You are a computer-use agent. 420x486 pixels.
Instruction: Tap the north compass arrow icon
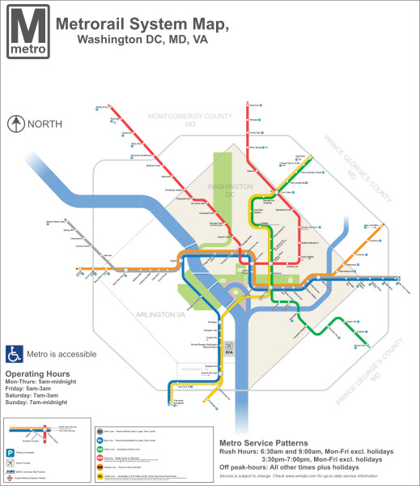pos(15,124)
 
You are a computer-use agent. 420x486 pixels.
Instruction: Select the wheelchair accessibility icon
pos(14,354)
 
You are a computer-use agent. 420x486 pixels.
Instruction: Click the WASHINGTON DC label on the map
pos(229,191)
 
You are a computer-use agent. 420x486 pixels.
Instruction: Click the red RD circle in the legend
pos(100,458)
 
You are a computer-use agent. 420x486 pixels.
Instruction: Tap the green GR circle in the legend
pos(100,450)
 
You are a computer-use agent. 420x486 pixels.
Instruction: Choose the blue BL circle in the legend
pos(100,441)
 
